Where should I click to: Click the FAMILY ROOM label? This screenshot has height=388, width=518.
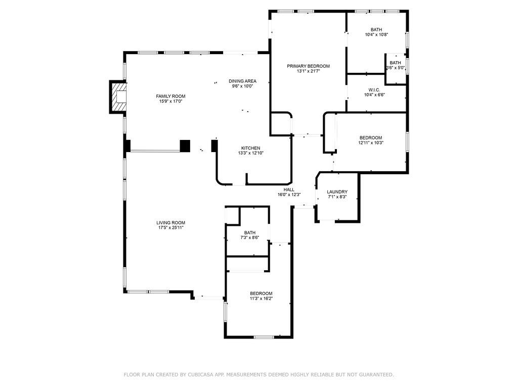click(170, 96)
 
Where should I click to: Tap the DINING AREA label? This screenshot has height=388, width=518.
click(242, 81)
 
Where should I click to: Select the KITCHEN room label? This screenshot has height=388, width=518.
click(250, 148)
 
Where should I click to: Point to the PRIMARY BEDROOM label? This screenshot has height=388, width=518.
click(308, 66)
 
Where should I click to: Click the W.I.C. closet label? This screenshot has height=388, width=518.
click(374, 89)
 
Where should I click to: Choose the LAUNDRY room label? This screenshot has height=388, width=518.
click(337, 192)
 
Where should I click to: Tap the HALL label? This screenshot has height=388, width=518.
click(289, 189)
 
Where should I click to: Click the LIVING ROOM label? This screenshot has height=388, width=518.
click(170, 222)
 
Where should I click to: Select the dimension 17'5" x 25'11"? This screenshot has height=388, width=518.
click(170, 228)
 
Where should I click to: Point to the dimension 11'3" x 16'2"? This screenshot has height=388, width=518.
click(261, 299)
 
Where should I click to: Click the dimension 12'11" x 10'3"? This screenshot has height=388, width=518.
click(371, 142)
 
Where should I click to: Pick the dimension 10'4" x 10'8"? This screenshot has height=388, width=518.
click(376, 35)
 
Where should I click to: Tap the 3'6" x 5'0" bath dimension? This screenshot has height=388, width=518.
click(396, 68)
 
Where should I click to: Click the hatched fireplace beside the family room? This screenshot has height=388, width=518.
click(119, 97)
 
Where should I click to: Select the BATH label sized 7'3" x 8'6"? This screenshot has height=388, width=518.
click(250, 232)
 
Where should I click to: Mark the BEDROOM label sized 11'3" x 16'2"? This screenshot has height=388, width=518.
click(261, 294)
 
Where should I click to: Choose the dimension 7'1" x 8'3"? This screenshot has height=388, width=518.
click(337, 197)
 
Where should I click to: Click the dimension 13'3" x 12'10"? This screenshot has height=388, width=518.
click(250, 153)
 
